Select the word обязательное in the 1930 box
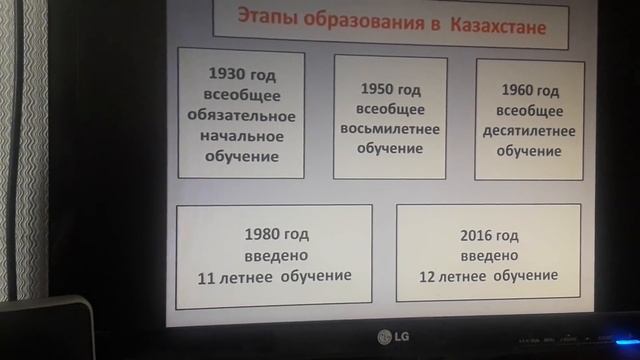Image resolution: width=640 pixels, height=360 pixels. click(240, 115)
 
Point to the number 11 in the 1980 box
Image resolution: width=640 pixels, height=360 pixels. click(217, 275)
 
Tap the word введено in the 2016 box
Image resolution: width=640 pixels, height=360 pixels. click(488, 256)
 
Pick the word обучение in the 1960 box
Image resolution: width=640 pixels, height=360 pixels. click(528, 151)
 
